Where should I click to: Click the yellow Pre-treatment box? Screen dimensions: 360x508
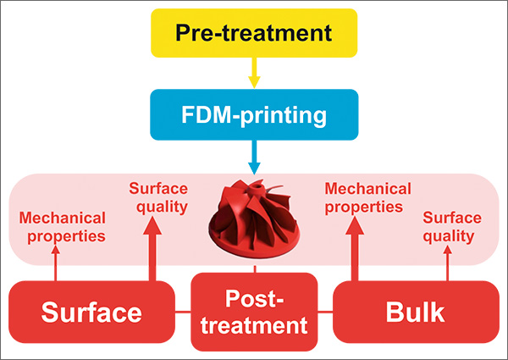point(254,35)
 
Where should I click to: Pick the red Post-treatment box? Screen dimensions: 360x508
point(254,311)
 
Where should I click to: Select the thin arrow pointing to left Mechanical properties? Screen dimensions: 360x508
point(56,264)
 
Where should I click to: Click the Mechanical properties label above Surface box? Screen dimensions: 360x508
point(63,226)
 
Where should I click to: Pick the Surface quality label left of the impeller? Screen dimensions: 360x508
point(157,197)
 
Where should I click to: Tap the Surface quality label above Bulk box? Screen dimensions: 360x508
point(451,226)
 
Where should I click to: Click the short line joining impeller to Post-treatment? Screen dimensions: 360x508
point(254,269)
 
